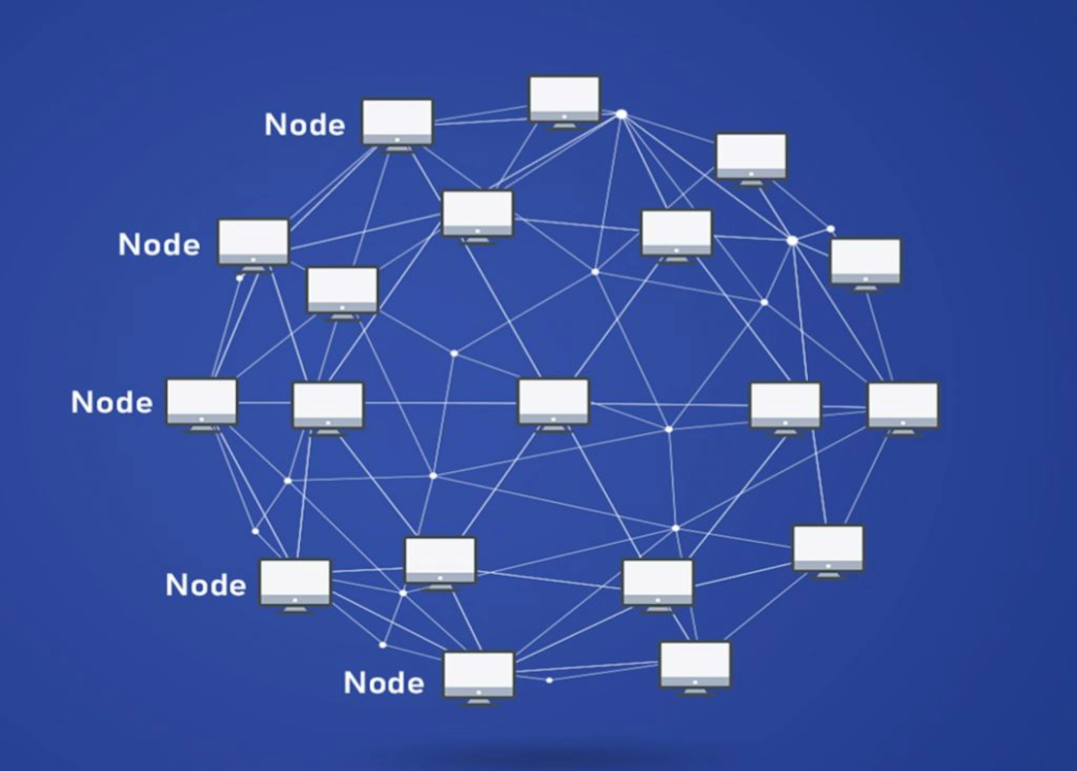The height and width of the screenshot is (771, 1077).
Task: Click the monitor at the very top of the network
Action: click(x=564, y=100)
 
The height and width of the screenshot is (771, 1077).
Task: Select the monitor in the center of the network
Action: click(x=553, y=402)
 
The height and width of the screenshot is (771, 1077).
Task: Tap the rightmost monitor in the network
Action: click(x=902, y=406)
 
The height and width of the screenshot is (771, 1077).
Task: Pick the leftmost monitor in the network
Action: click(x=201, y=402)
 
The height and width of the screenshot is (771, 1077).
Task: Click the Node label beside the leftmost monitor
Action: click(x=112, y=402)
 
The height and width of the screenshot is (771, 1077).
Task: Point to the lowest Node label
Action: click(x=384, y=683)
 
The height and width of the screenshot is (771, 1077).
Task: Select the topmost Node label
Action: click(x=305, y=125)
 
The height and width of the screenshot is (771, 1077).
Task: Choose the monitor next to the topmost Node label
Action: click(x=397, y=123)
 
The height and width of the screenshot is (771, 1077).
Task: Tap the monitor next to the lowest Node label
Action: click(x=479, y=676)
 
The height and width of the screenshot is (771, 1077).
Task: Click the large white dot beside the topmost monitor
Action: click(x=622, y=114)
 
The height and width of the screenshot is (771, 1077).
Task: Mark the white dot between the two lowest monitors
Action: click(x=549, y=680)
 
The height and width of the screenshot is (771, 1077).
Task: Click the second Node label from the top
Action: click(x=159, y=245)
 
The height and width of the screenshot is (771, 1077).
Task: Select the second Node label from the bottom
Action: click(x=206, y=585)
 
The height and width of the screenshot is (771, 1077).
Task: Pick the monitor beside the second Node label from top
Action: click(x=253, y=242)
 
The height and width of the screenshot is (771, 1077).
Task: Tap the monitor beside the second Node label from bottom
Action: click(x=295, y=583)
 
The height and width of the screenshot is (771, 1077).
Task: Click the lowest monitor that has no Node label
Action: click(x=695, y=665)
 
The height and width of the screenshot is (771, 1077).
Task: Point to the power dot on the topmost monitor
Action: click(x=564, y=117)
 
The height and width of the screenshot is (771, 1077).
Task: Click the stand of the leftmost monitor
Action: click(x=202, y=429)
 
